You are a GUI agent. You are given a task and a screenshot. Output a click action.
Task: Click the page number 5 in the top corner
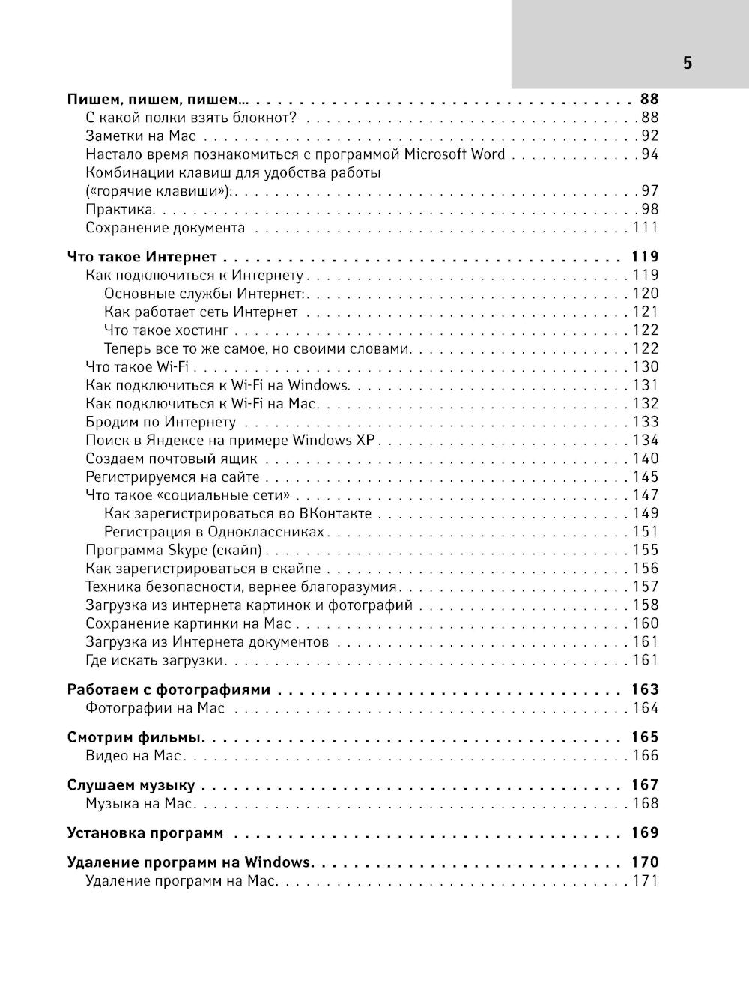coord(687,63)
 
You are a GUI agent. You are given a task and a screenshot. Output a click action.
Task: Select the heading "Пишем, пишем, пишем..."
coord(157,99)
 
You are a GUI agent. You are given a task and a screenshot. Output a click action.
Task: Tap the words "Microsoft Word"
coord(455,154)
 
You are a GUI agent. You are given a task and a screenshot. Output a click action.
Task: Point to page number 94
coord(649,154)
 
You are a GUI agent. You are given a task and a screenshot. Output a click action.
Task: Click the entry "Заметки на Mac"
coord(141,136)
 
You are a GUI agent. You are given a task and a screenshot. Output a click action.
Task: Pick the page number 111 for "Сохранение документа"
coord(645,228)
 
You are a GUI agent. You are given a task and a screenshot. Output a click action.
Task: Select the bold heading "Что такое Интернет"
coord(142,257)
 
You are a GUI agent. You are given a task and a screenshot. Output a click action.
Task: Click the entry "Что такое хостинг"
coord(166,330)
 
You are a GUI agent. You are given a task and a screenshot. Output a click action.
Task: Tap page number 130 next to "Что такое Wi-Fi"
coord(645,367)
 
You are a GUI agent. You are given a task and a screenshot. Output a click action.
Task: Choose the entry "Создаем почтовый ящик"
coord(172,459)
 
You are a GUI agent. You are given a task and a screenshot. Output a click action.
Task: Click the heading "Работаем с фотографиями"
coord(169,690)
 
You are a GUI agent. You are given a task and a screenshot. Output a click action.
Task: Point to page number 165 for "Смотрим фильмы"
coord(644,738)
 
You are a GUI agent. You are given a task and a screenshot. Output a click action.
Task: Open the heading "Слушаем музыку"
coord(131,786)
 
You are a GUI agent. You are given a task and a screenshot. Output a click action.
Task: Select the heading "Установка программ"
coord(145,833)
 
